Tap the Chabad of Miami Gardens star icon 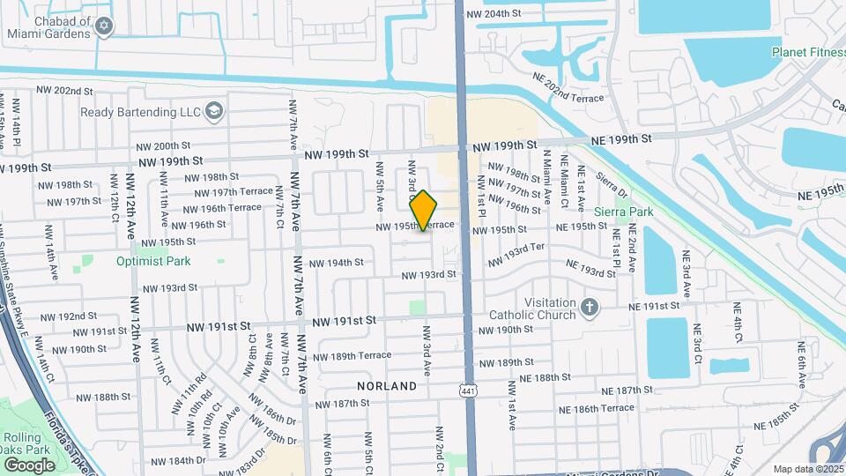click(x=105, y=26)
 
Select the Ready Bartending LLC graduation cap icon click(x=213, y=112)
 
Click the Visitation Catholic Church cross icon click(x=590, y=309)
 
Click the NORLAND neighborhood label click(x=387, y=386)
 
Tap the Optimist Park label click(x=153, y=261)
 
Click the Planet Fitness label click(x=808, y=52)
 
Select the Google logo click(x=29, y=465)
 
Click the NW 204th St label click(x=501, y=14)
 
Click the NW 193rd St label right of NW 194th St click(x=428, y=275)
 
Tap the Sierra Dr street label click(x=611, y=186)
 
